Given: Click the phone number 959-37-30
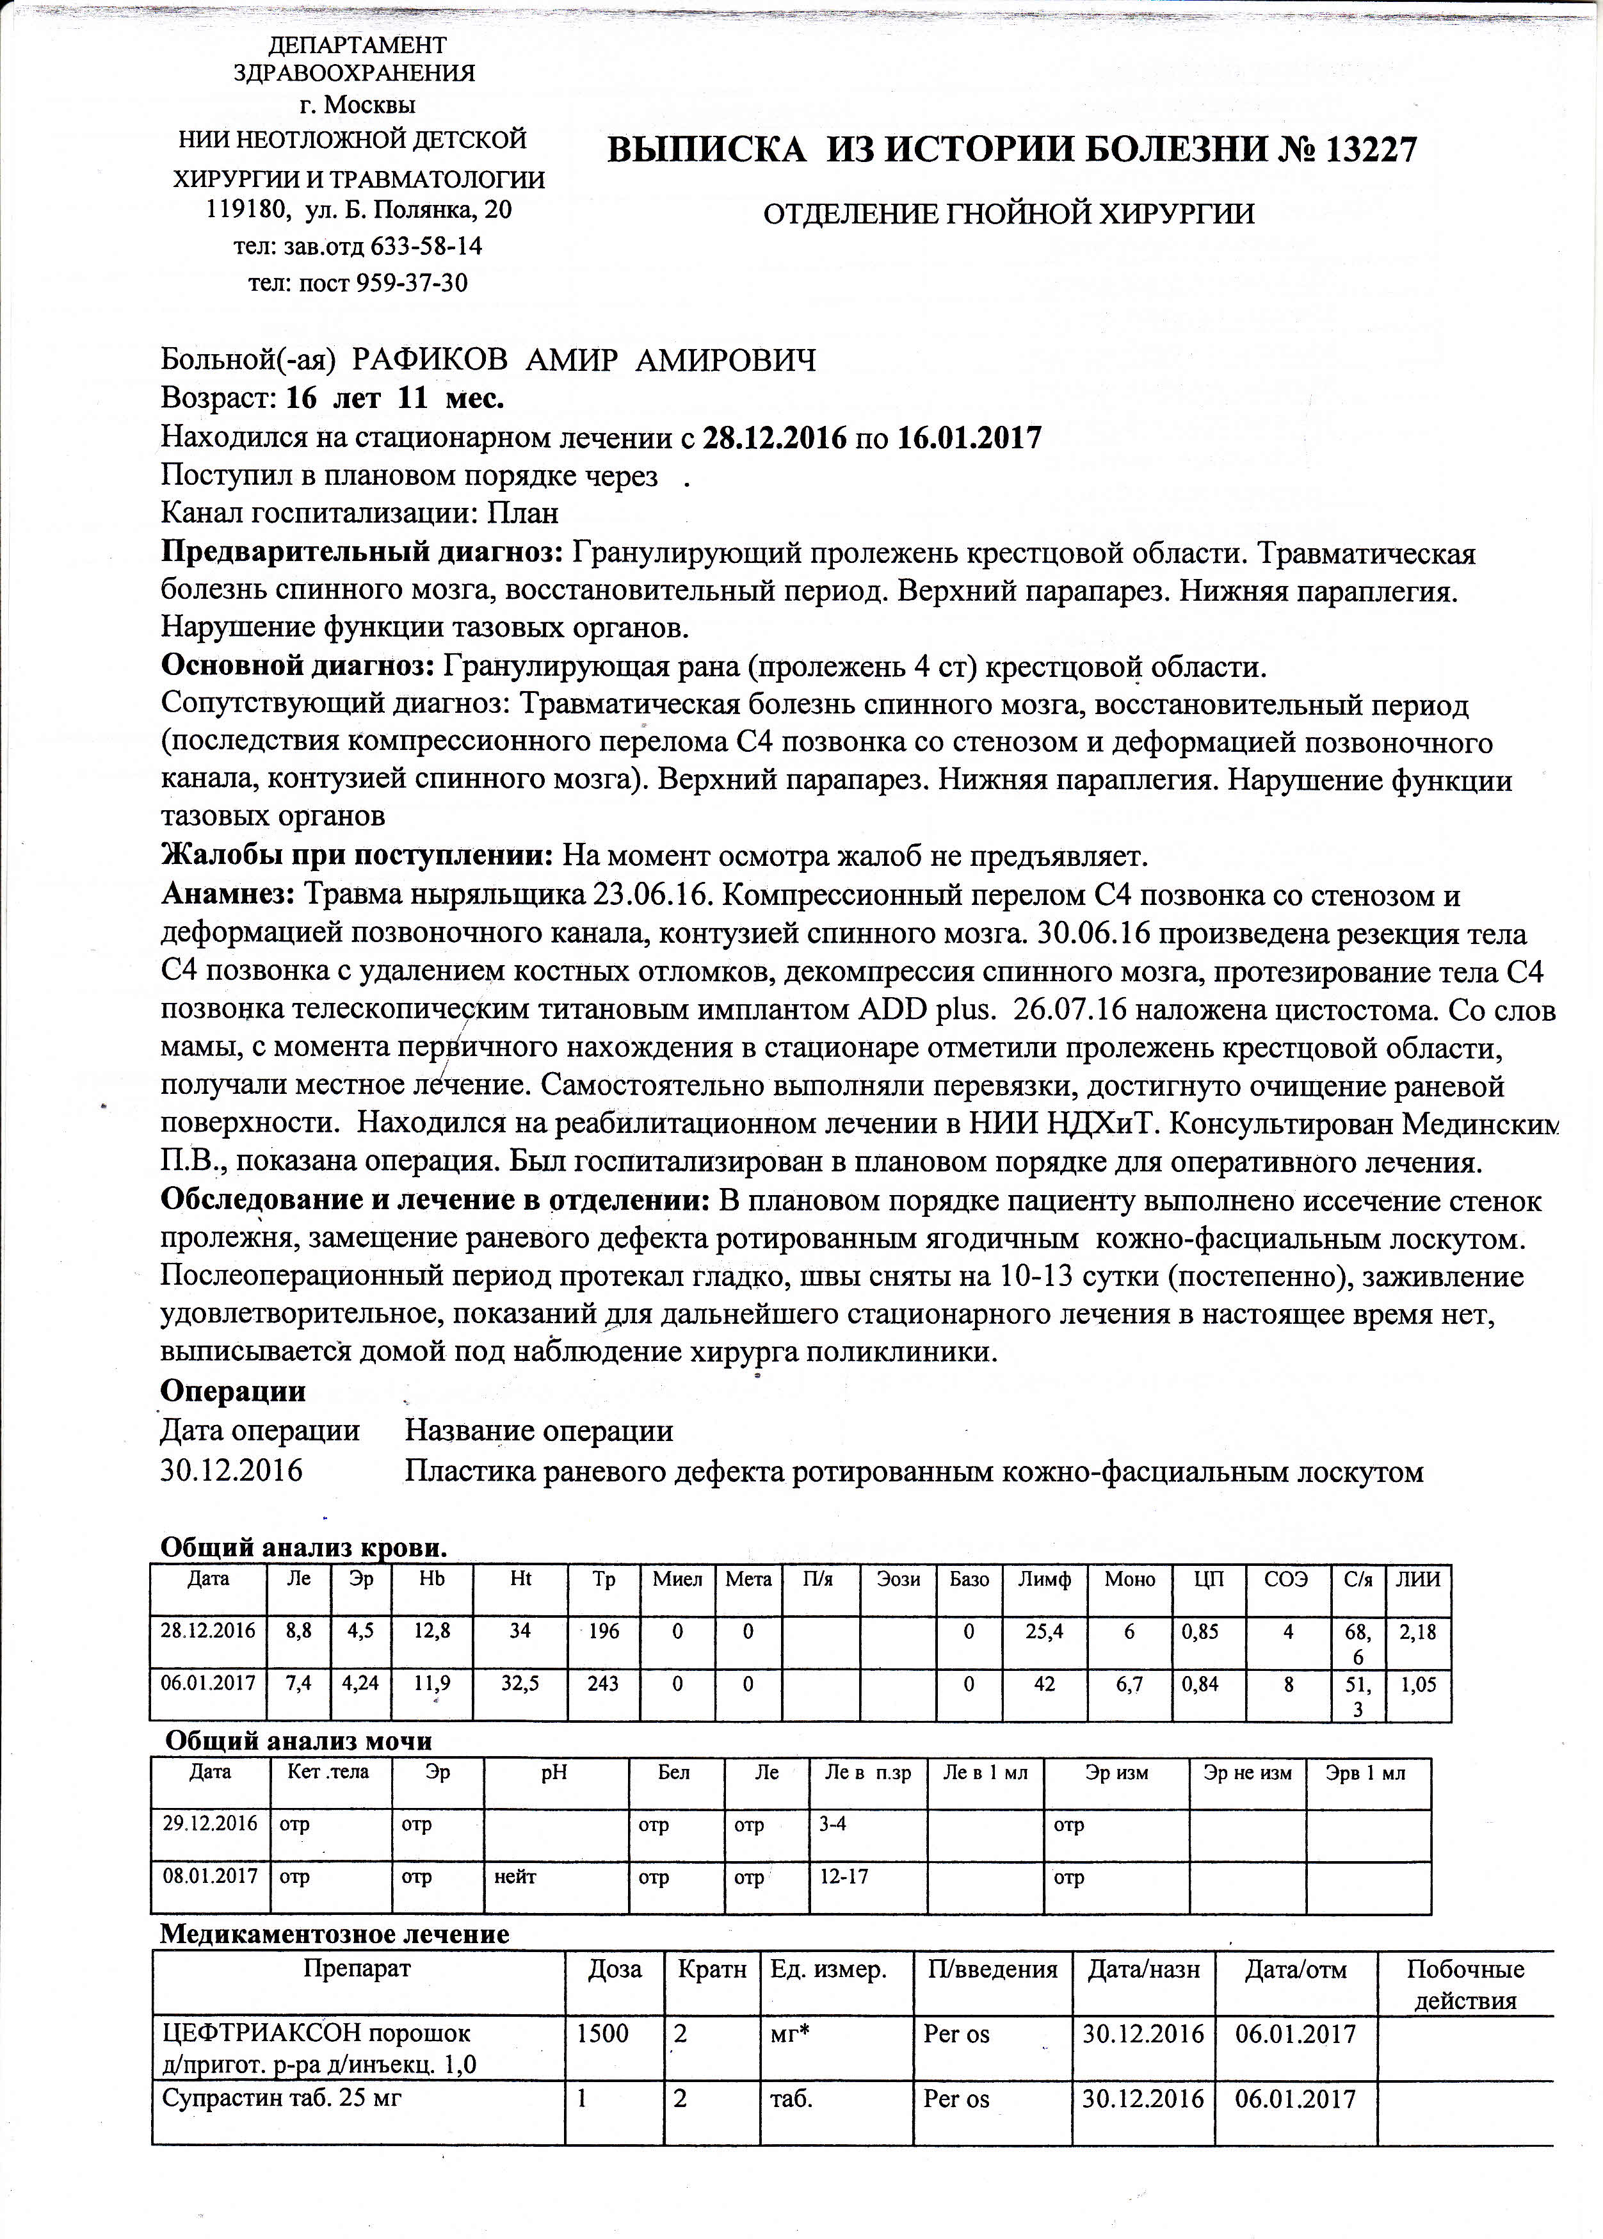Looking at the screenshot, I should [413, 283].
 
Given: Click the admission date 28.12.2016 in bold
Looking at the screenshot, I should [774, 437].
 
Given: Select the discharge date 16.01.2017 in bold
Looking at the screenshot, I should [969, 437].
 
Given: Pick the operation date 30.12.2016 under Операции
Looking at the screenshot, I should [232, 1472].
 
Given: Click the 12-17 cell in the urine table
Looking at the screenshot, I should [845, 1876].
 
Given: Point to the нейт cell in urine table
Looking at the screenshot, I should [515, 1876].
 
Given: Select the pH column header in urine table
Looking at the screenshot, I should [555, 1772].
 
